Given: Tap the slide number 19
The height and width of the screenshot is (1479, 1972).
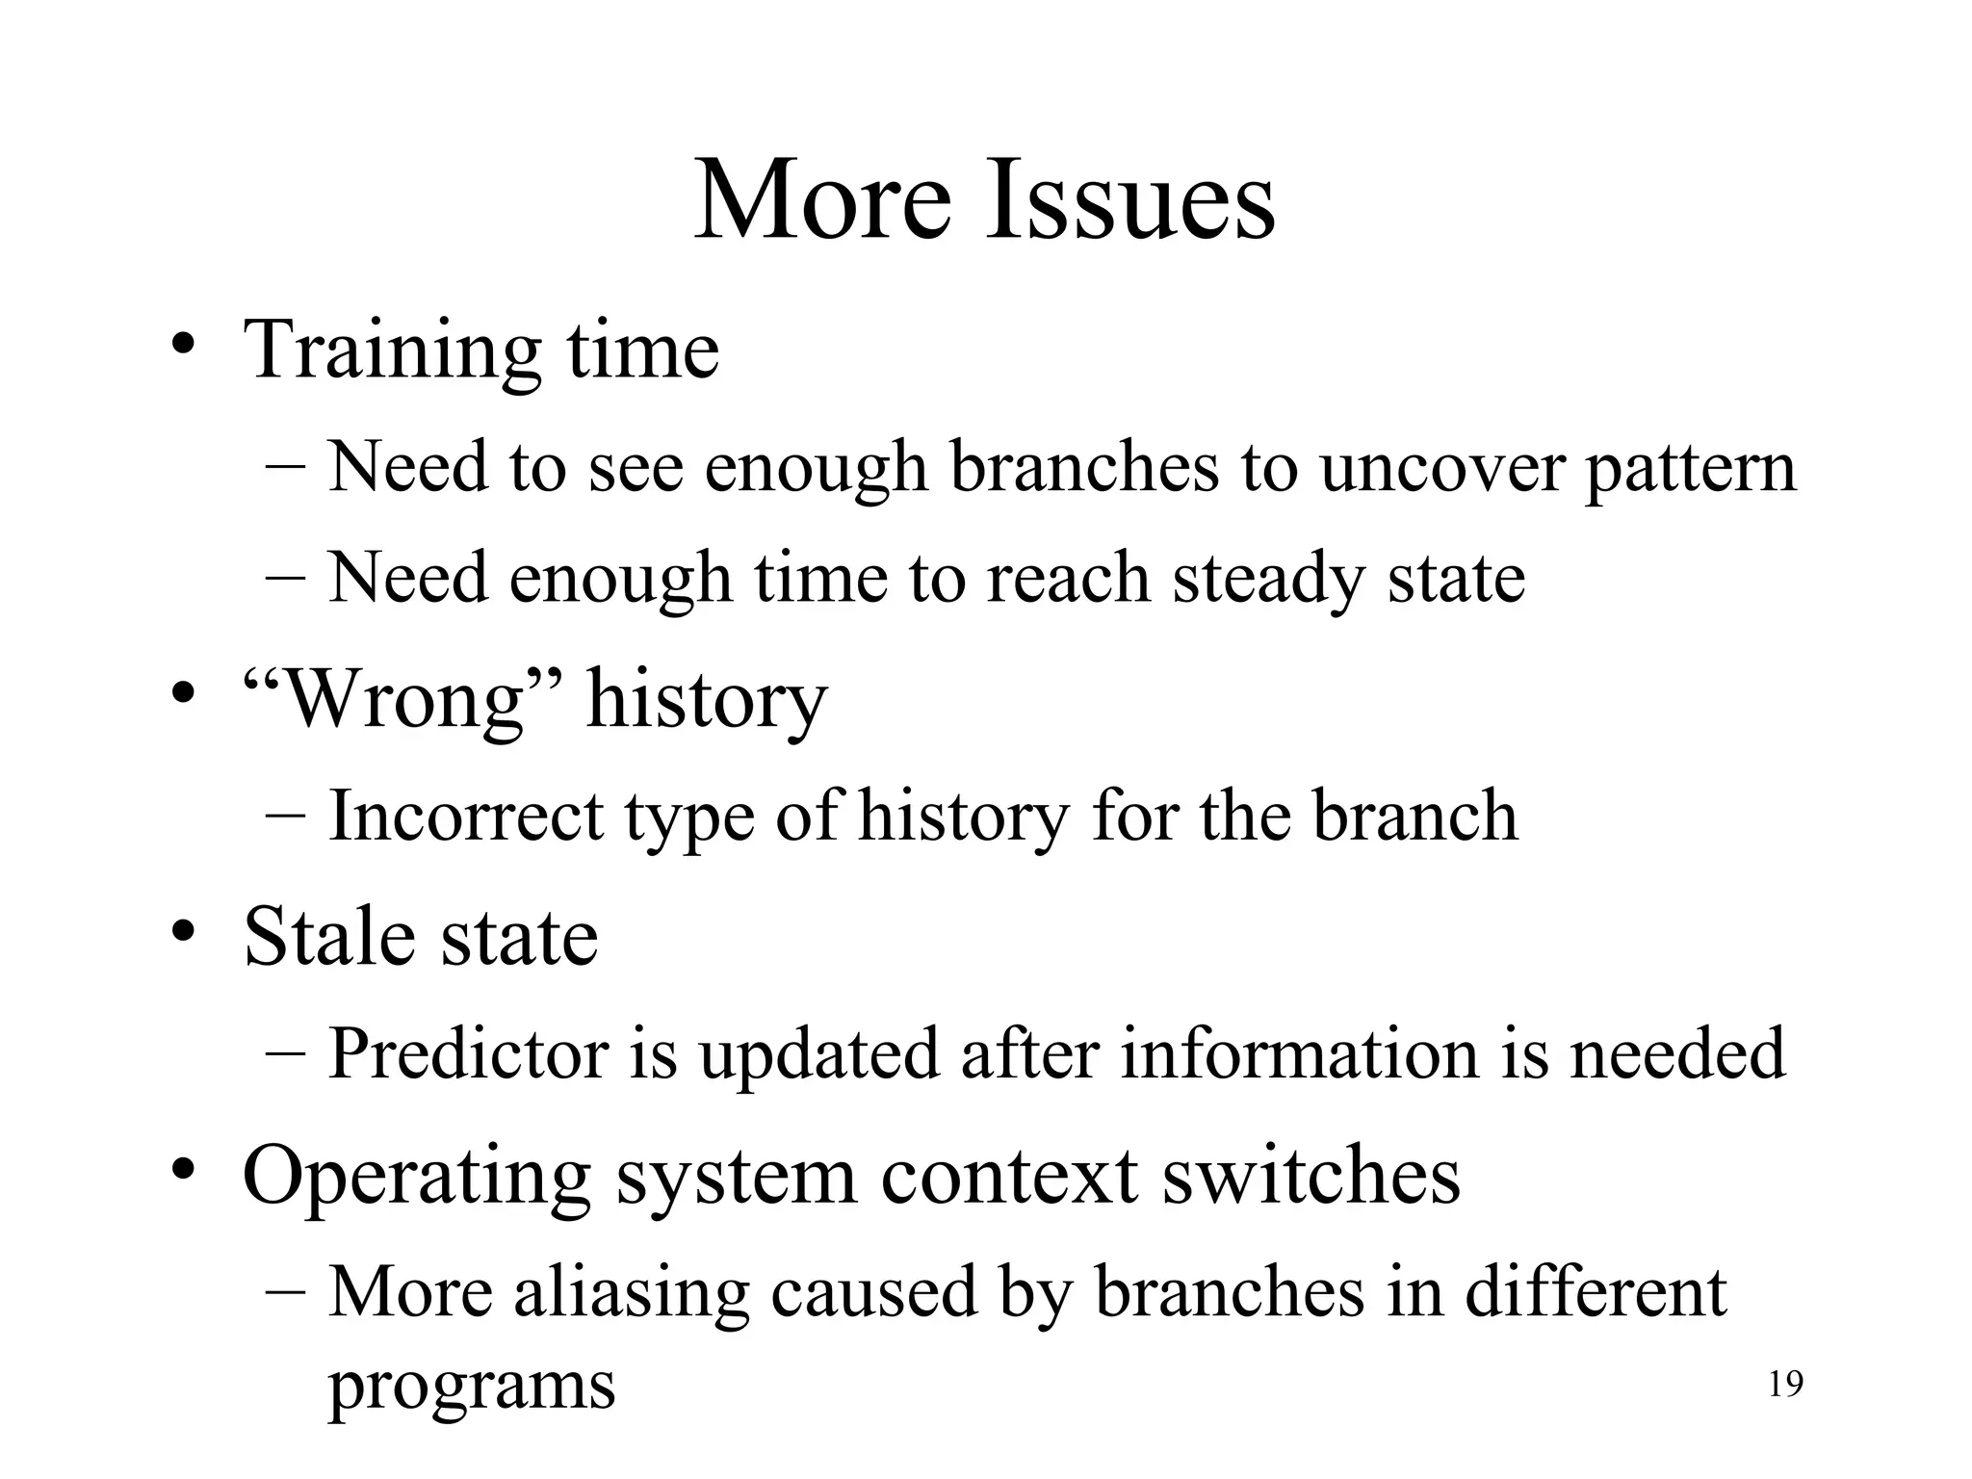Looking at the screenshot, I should pos(1786,1385).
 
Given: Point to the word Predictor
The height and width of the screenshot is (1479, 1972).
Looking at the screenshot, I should pos(468,1053).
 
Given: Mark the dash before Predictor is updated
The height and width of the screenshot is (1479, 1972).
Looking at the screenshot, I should pos(285,1051).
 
